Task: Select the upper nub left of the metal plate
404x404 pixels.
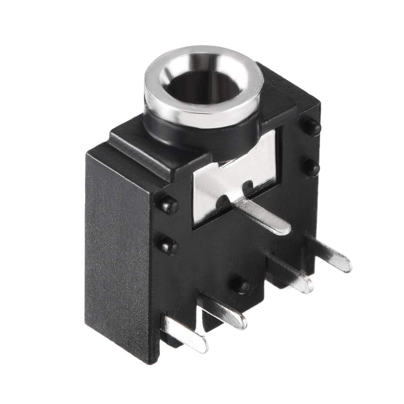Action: [x=168, y=205]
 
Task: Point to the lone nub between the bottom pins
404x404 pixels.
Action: [x=240, y=285]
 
